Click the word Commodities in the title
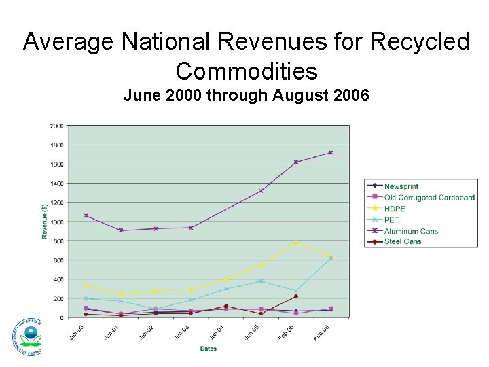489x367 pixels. (246, 71)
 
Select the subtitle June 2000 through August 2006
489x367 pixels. (246, 96)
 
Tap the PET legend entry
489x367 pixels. (392, 220)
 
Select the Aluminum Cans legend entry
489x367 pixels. (411, 231)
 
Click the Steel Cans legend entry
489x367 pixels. (403, 241)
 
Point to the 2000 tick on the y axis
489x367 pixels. (56, 126)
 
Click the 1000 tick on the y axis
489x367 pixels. (56, 222)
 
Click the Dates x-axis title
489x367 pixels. (208, 349)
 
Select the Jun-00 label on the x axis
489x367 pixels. (77, 331)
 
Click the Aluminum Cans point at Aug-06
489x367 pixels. (331, 152)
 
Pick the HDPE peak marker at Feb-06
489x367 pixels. (296, 243)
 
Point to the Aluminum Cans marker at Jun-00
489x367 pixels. (86, 215)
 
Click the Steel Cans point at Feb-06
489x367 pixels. (296, 296)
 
